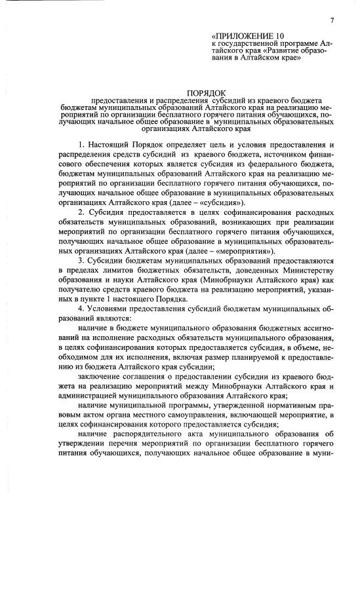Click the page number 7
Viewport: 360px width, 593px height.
(x=332, y=20)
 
